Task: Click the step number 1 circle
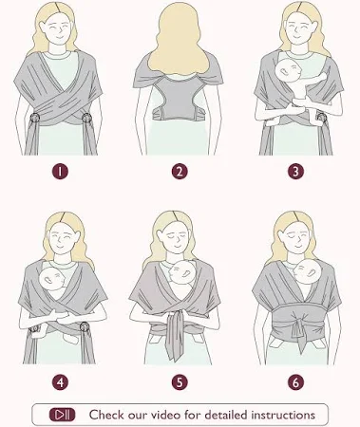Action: (x=60, y=172)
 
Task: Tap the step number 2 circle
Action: (x=180, y=172)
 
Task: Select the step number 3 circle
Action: (x=295, y=172)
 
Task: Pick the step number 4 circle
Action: (x=60, y=382)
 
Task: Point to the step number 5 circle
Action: (x=180, y=382)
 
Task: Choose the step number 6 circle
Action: (x=295, y=382)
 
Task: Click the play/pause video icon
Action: (x=62, y=415)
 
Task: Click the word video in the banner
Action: (x=166, y=415)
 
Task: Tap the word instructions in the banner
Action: (x=283, y=415)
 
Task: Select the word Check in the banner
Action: (x=106, y=415)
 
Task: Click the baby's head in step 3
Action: (x=288, y=71)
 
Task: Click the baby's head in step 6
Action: (x=308, y=271)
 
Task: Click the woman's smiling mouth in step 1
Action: (x=59, y=37)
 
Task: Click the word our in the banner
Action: (x=138, y=416)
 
